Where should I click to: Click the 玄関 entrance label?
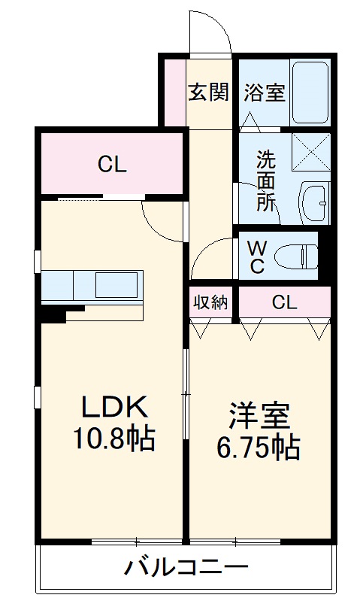point(208,93)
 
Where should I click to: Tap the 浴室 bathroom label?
point(264,93)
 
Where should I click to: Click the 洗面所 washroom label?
point(266,181)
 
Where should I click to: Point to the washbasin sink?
point(314,201)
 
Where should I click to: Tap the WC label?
point(256,256)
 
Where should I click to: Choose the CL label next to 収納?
point(284,302)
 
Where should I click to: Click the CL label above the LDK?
point(111,165)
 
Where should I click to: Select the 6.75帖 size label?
point(259,448)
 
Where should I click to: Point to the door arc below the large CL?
point(162,220)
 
